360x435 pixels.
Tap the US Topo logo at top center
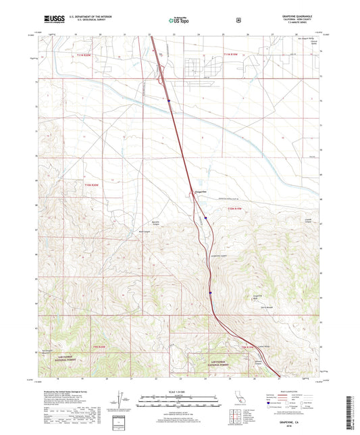coord(179,20)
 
